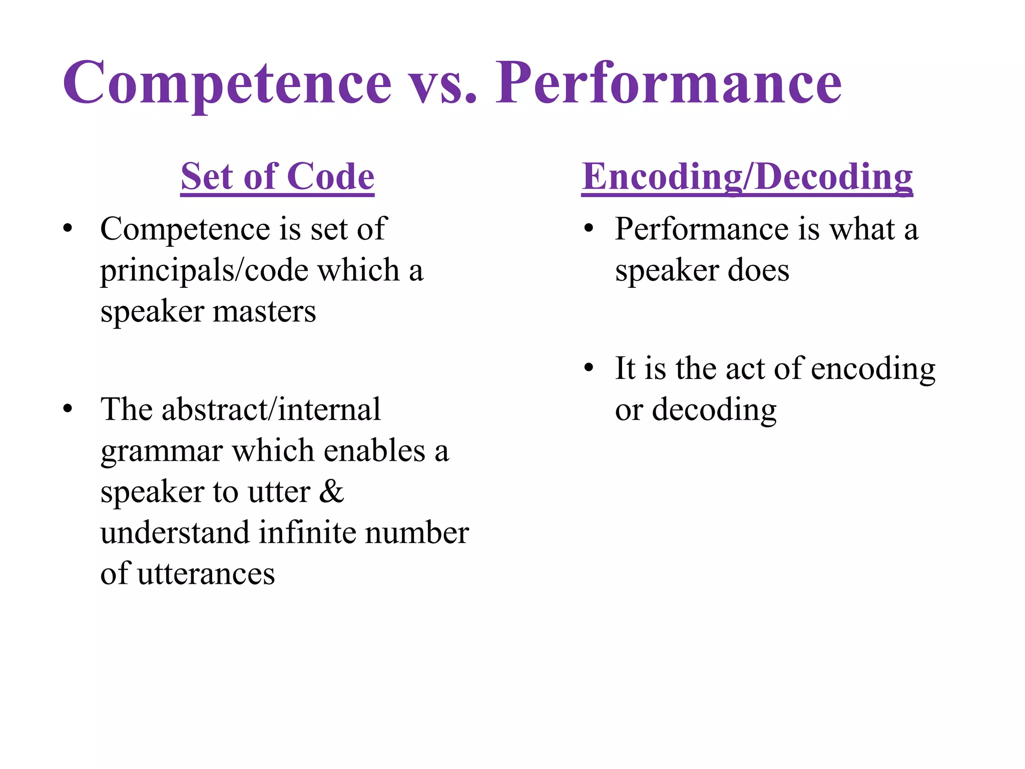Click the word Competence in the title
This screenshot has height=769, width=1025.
[226, 83]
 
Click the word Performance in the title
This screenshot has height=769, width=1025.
[669, 83]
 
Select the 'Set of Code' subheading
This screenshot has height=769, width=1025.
[277, 177]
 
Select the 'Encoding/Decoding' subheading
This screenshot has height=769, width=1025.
[747, 177]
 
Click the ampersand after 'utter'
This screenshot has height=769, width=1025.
[331, 492]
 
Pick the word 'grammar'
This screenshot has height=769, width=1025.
[161, 452]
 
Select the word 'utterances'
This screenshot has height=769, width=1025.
[206, 574]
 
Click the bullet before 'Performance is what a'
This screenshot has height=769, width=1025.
[589, 229]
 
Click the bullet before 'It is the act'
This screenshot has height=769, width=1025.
[589, 368]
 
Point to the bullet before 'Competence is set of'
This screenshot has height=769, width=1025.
[68, 229]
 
